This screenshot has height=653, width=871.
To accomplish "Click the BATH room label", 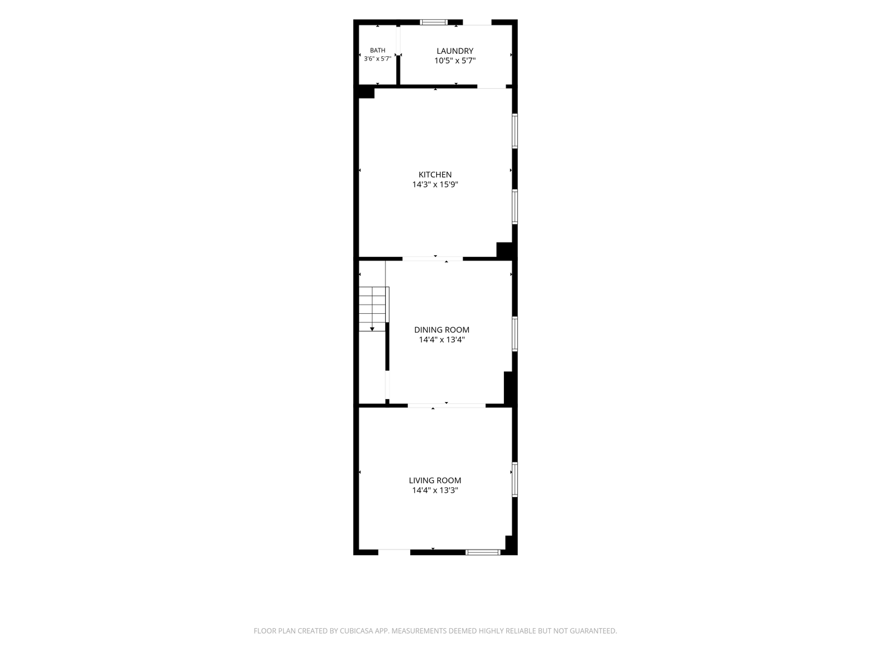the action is coord(377,50).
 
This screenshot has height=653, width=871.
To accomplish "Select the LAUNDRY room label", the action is coord(455,51).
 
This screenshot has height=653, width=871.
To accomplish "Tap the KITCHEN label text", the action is coord(435,175).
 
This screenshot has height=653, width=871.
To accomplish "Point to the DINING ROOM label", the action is coord(442,330).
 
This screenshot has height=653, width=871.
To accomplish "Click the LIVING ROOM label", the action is coord(435,480).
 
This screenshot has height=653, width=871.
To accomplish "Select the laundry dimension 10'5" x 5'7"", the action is coord(455,60).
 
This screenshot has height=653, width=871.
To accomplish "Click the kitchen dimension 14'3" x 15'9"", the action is coord(435,184).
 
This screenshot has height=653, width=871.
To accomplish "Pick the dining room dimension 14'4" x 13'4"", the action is coord(442,339).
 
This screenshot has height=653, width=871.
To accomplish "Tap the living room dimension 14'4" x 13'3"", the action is coord(435,490).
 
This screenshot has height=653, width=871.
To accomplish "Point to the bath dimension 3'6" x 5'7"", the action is coord(377,59).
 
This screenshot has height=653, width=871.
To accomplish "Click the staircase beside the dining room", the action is coord(374,309).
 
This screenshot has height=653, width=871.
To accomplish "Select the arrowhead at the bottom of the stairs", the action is coord(372,329).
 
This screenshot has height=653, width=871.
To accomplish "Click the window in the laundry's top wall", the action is coord(434,22).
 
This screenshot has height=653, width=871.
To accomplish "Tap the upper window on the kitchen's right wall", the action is coord(515,131).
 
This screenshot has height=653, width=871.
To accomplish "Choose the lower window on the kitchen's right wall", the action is coord(515,207).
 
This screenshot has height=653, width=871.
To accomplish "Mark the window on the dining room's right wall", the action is coord(515,334).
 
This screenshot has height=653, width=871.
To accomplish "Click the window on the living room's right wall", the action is coord(515,479).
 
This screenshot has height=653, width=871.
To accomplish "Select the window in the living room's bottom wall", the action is coord(483,552).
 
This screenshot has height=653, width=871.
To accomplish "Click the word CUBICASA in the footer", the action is coord(356,631).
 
